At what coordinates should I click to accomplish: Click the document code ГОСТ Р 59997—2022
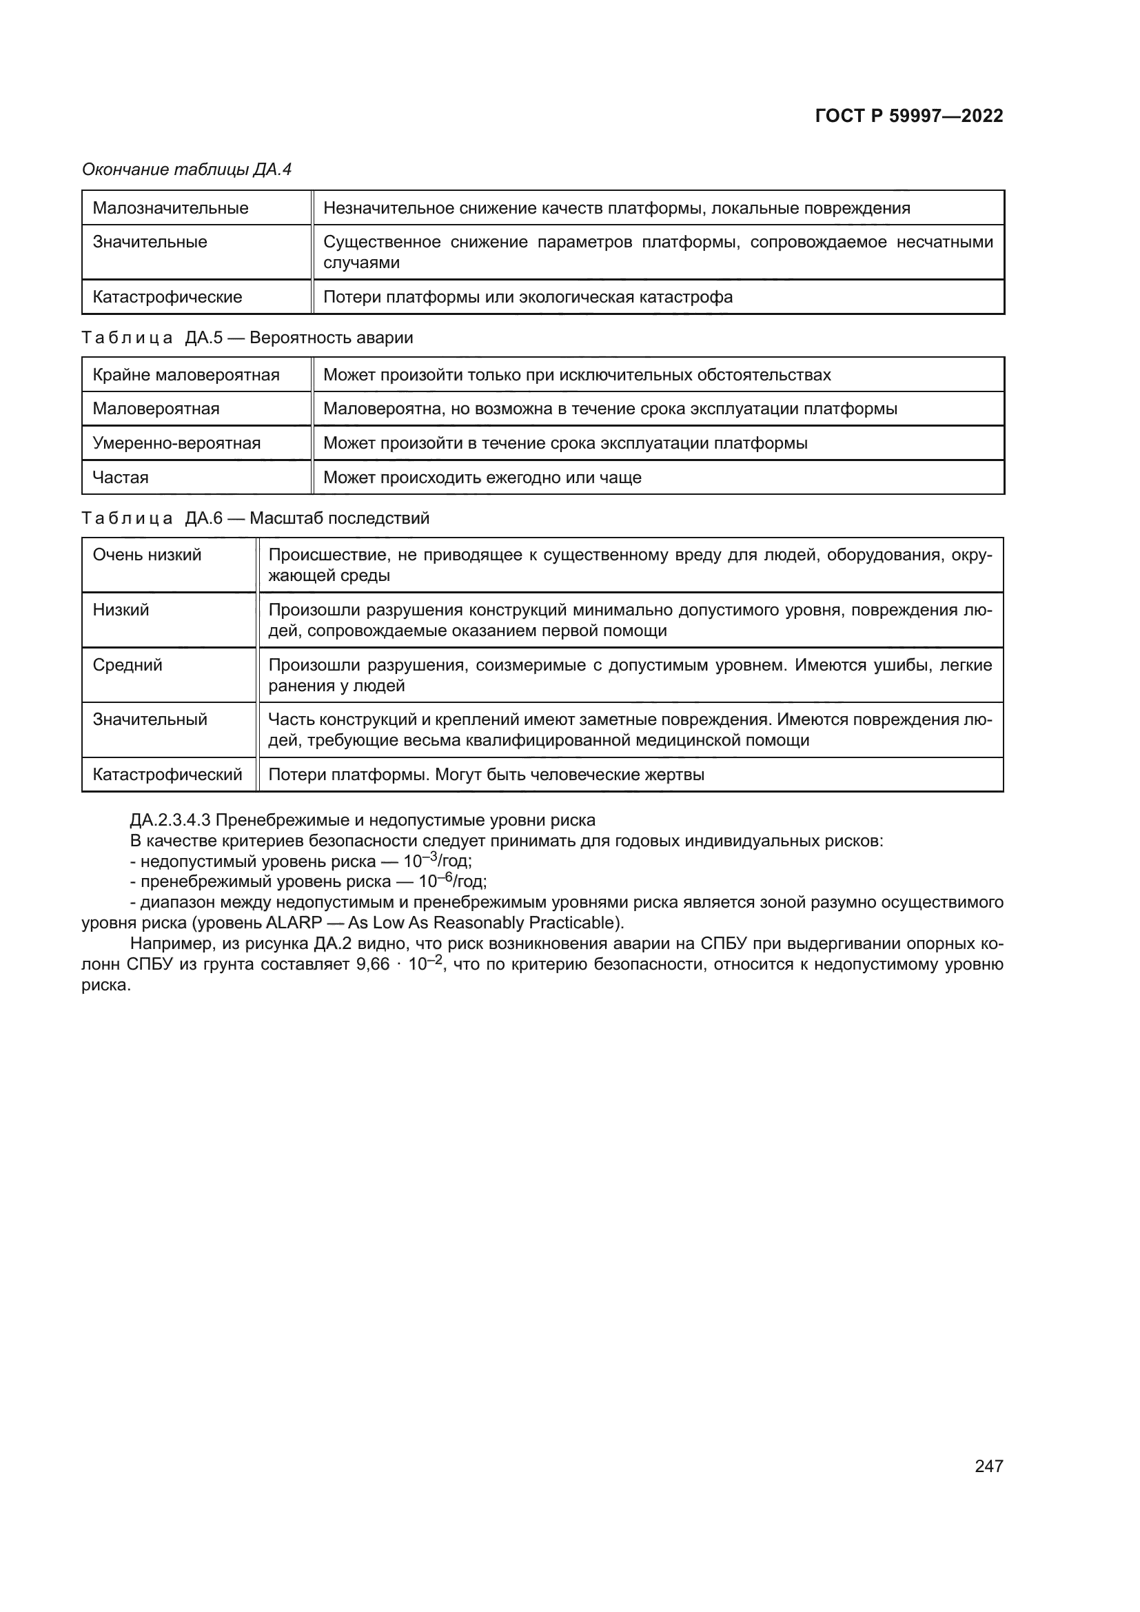(909, 116)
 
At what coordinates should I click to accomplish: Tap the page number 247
(988, 1466)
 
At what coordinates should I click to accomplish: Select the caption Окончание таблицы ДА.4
(187, 170)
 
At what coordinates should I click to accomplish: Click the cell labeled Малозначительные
(170, 208)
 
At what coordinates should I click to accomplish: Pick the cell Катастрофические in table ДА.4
(167, 297)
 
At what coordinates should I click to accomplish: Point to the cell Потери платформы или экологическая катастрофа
(528, 297)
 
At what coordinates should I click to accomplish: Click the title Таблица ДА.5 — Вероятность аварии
(247, 338)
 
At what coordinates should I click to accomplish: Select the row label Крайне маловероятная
(186, 375)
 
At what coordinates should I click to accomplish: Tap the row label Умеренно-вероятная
(176, 443)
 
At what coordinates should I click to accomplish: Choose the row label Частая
(121, 478)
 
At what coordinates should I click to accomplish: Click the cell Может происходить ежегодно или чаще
(482, 478)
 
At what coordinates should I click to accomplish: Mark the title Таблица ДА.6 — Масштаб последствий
(256, 518)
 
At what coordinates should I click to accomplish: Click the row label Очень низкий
(147, 555)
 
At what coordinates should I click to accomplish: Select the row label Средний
(127, 665)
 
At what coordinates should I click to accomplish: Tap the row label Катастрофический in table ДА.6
(167, 775)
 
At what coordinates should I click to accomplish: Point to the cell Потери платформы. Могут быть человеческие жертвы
(487, 775)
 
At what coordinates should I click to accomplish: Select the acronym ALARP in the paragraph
(294, 923)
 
